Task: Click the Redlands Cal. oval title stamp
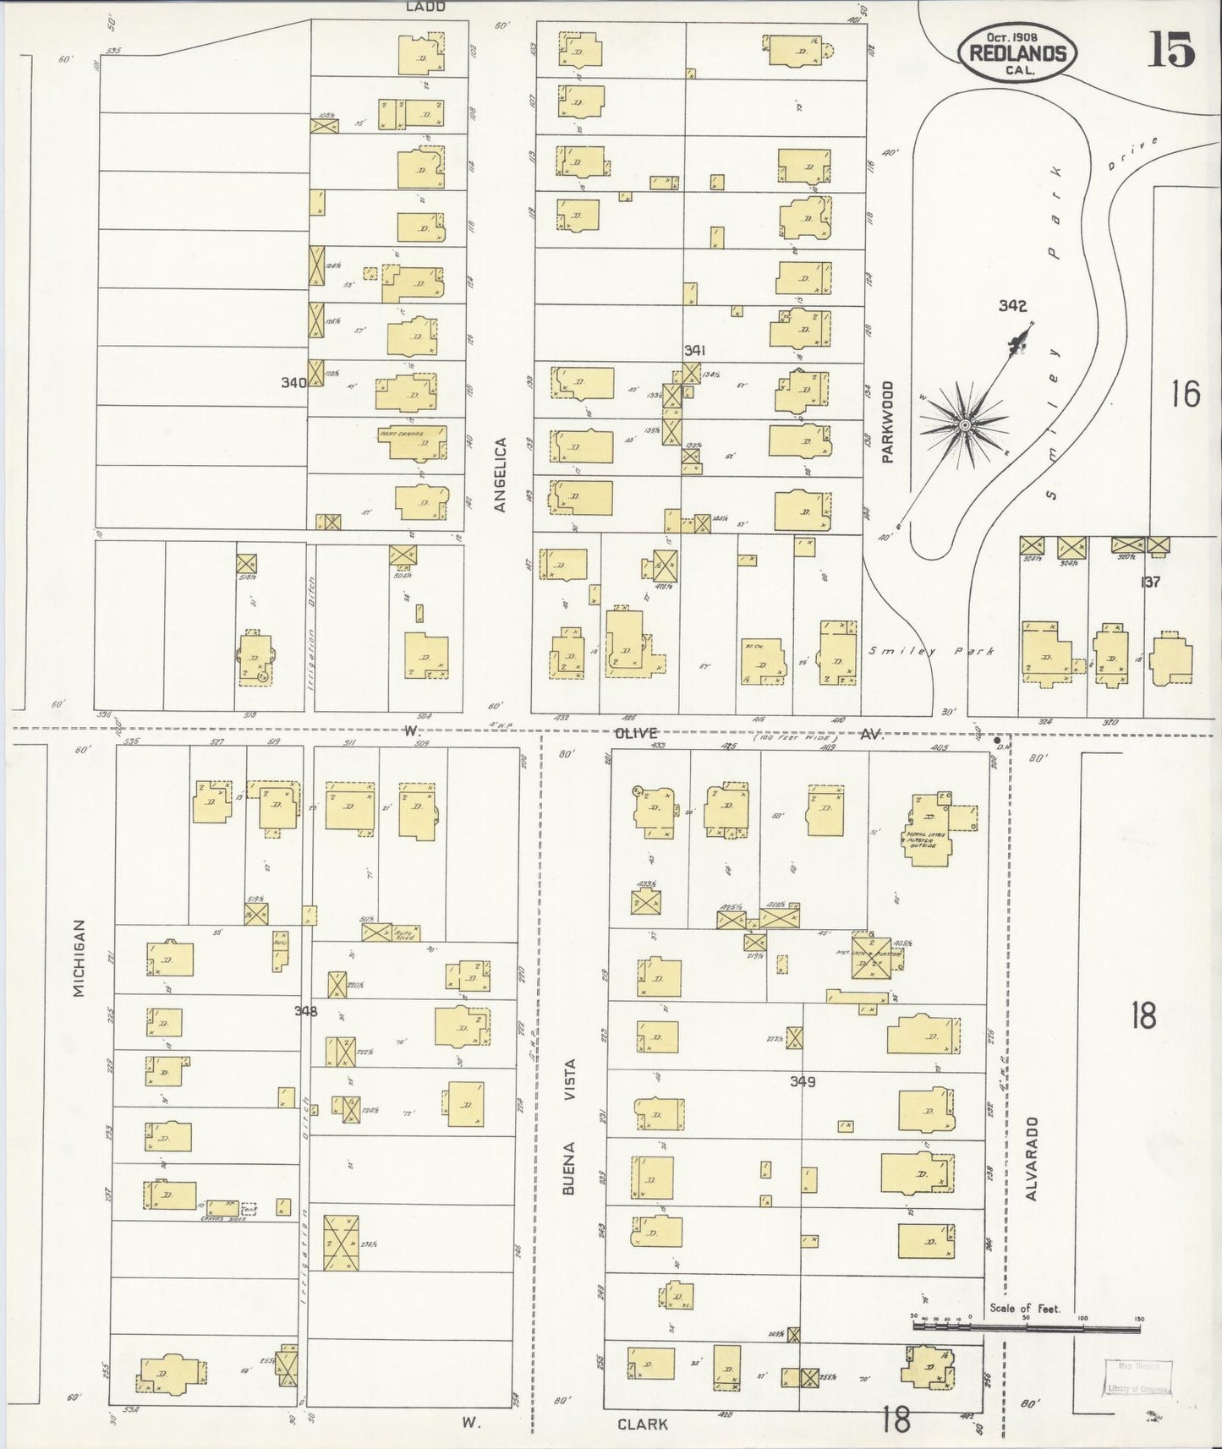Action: pyautogui.click(x=1017, y=53)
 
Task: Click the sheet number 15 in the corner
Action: pyautogui.click(x=1171, y=49)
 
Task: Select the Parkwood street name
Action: pyautogui.click(x=887, y=422)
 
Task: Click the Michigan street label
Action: pyautogui.click(x=79, y=958)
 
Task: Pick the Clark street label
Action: pyautogui.click(x=642, y=1424)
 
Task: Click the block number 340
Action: pyautogui.click(x=293, y=383)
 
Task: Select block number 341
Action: pyautogui.click(x=695, y=350)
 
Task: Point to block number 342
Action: pyautogui.click(x=1011, y=306)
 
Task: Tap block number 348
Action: pyautogui.click(x=305, y=1011)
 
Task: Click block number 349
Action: pyautogui.click(x=802, y=1081)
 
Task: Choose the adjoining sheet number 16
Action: pyautogui.click(x=1186, y=394)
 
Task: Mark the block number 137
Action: pyautogui.click(x=1149, y=582)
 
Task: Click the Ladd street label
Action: pyautogui.click(x=425, y=7)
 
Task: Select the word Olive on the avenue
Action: pyautogui.click(x=635, y=733)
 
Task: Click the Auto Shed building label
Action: pyautogui.click(x=405, y=935)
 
